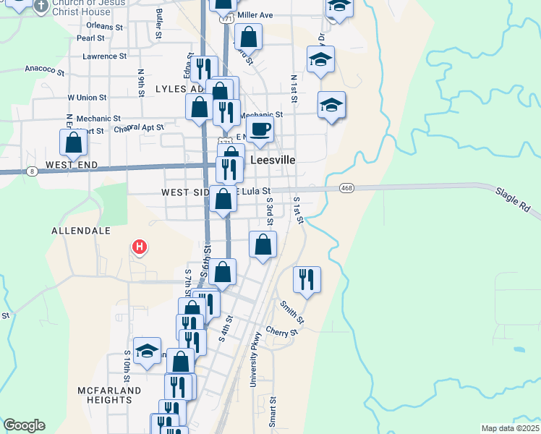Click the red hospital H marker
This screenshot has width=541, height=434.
140,248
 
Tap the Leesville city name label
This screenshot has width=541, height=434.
273,160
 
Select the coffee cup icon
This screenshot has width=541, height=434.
260,130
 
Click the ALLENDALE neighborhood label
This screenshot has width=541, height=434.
81,231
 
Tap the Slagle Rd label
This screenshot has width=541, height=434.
512,202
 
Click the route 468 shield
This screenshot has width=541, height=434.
348,188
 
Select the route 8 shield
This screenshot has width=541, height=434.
33,171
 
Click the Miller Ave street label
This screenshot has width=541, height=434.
255,15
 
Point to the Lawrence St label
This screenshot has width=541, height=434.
104,56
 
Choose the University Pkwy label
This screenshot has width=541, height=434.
255,365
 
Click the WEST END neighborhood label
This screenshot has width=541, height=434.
71,165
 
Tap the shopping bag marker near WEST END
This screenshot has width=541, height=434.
73,142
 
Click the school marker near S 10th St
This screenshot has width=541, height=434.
147,352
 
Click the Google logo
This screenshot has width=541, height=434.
24,425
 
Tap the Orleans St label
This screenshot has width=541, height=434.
100,26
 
